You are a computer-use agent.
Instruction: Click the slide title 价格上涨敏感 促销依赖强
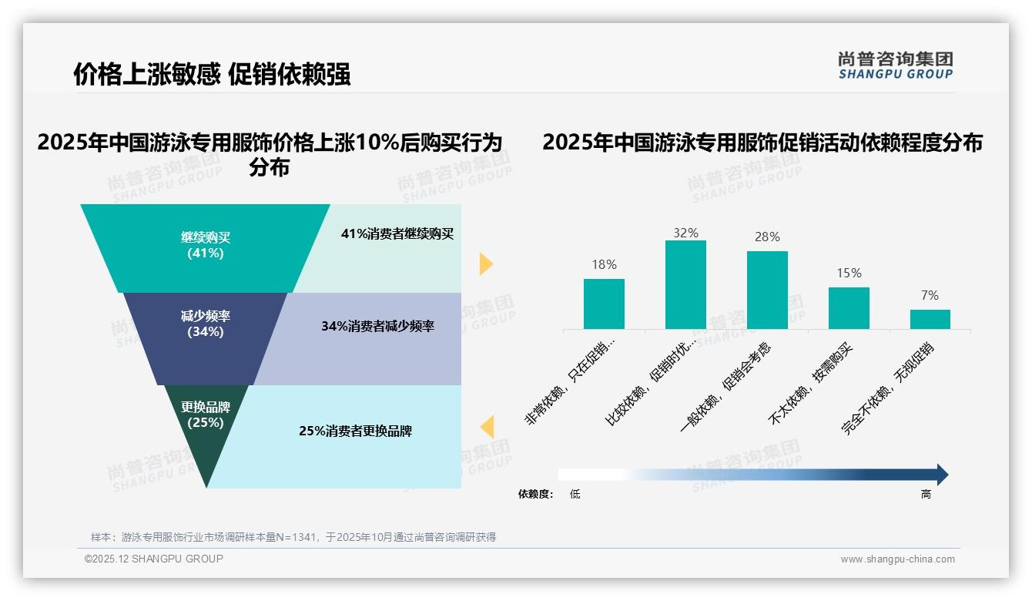coord(212,74)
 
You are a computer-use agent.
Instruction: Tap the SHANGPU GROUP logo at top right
coord(895,65)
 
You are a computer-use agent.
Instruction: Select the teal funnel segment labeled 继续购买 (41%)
coord(205,245)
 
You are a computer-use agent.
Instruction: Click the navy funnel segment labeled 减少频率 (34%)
coord(206,324)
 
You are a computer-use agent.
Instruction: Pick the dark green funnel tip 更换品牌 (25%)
coord(206,416)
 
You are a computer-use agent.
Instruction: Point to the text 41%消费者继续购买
coord(397,234)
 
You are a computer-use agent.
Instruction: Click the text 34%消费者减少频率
coord(377,327)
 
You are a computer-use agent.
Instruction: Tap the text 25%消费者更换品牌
coord(355,431)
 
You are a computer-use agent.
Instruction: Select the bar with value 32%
coord(685,284)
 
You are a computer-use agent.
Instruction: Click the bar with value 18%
coord(604,304)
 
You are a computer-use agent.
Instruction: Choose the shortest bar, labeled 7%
coord(930,319)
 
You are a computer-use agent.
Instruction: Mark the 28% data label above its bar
coord(767,237)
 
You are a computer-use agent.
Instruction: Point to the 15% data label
coord(849,274)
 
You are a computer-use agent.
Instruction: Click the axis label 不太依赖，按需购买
coord(812,384)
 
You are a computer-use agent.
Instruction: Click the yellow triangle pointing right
coord(486,264)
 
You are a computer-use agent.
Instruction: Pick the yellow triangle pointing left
coord(487,427)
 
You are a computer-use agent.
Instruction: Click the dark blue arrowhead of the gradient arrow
coord(941,475)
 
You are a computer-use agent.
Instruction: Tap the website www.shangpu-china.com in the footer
coord(897,559)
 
